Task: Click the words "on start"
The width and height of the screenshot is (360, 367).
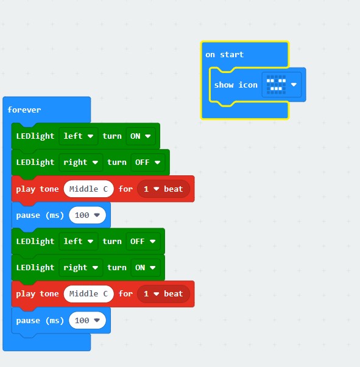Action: pos(224,55)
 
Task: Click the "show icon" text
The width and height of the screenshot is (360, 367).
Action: pos(236,85)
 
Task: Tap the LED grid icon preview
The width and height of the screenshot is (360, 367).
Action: pos(276,85)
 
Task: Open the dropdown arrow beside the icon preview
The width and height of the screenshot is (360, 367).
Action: pos(294,85)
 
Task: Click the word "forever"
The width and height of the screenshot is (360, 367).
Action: pos(24,110)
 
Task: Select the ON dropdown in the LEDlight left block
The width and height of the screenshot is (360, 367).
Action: pos(141,136)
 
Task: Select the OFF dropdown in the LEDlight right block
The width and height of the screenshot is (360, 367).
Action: pos(148,163)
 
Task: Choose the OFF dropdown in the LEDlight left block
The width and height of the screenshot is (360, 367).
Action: pos(143,241)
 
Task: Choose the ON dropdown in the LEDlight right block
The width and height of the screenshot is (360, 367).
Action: pos(145,268)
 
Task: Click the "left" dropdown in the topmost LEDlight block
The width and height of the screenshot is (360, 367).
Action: pos(78,136)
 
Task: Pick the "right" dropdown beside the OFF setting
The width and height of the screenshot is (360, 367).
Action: pos(80,163)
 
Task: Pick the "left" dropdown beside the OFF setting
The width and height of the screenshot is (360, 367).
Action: pos(78,241)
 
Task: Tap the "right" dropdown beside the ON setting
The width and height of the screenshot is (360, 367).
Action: pos(80,268)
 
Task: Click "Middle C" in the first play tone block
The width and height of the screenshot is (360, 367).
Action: pos(88,189)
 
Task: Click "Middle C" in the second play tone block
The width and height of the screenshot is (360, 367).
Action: pos(88,294)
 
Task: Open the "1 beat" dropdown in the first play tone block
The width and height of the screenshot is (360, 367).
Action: pos(163,189)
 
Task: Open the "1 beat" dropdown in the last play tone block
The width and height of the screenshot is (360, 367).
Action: pos(163,294)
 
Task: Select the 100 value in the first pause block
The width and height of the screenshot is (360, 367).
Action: pos(87,215)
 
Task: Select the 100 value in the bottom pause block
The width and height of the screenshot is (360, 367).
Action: pos(87,320)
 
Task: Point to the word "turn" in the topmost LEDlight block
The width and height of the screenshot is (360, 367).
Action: pos(112,136)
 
